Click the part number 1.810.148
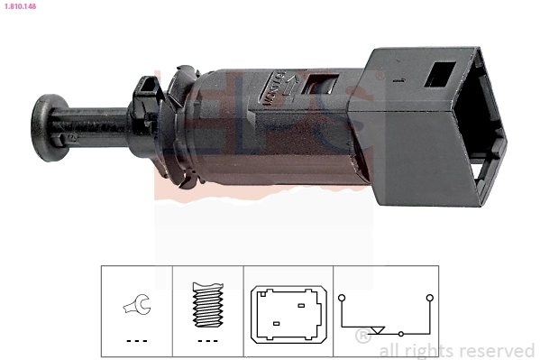[x=18, y=5]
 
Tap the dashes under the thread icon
[x=208, y=341]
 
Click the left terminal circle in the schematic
[x=342, y=297]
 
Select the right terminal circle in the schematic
[x=430, y=297]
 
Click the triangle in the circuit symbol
[x=379, y=330]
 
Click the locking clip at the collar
[x=145, y=92]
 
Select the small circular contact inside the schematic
[x=401, y=334]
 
